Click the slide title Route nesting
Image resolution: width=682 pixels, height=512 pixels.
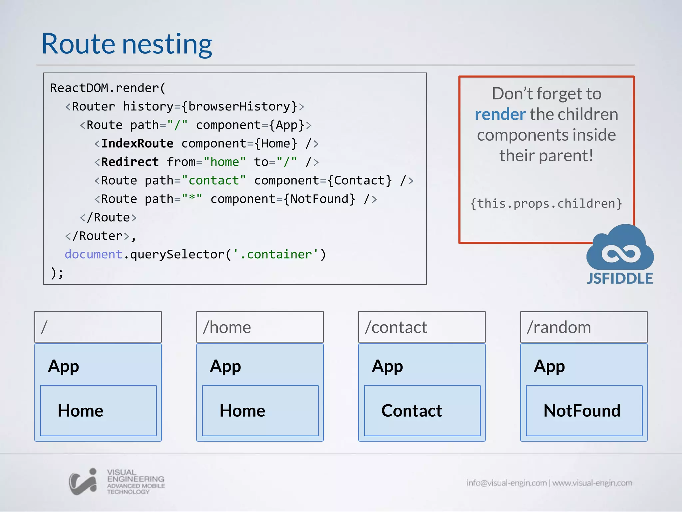[127, 44]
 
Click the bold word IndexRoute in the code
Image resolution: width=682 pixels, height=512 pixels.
[137, 143]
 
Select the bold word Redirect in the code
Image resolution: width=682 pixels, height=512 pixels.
[130, 162]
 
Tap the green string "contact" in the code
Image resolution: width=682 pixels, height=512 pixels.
[213, 180]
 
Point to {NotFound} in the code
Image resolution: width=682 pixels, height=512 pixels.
[319, 199]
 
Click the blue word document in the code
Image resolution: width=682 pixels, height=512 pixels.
[93, 254]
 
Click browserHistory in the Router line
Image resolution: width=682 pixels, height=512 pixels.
[239, 107]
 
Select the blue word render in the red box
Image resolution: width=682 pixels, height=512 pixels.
[500, 114]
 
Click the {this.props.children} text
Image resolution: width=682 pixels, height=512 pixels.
[546, 203]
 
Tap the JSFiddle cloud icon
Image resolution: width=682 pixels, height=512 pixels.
[620, 248]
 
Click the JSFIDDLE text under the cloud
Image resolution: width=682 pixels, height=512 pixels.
[620, 279]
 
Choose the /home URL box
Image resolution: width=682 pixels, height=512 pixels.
[260, 327]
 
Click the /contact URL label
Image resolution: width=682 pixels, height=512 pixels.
[396, 327]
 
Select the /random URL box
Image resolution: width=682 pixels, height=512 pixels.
[583, 327]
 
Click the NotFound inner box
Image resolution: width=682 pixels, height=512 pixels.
[584, 410]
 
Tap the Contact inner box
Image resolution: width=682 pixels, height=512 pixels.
[422, 410]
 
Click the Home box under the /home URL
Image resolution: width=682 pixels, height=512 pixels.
[260, 410]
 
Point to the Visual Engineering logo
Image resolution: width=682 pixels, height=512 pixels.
[117, 482]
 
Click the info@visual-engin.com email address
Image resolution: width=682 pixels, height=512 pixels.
[506, 483]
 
